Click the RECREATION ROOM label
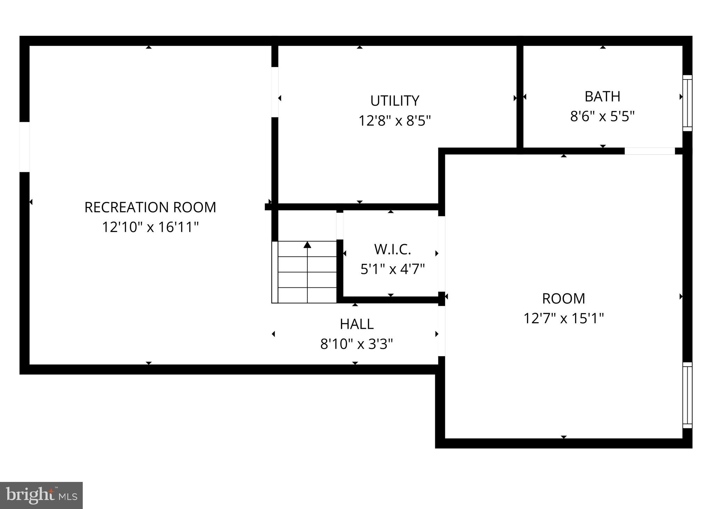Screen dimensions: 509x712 click(x=150, y=207)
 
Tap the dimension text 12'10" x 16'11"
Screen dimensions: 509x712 click(x=150, y=227)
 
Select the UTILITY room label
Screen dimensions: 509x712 click(x=395, y=101)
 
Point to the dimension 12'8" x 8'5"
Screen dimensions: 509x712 click(x=395, y=121)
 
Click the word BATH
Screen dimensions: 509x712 click(x=602, y=97)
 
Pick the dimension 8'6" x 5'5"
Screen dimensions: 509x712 click(x=602, y=116)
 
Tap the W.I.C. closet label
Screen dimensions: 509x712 click(x=393, y=249)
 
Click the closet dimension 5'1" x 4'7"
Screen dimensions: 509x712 click(x=393, y=269)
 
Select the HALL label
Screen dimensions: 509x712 click(x=357, y=324)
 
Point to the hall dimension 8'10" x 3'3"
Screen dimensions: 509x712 click(x=357, y=344)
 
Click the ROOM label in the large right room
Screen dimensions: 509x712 click(x=564, y=298)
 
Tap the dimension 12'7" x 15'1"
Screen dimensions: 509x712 click(x=564, y=318)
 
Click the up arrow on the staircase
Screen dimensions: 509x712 click(x=307, y=245)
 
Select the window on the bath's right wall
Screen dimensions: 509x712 click(x=687, y=103)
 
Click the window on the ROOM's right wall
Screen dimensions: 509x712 click(x=687, y=395)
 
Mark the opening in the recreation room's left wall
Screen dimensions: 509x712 click(x=24, y=147)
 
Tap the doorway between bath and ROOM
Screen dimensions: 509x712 click(x=649, y=151)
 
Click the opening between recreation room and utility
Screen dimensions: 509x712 click(x=275, y=92)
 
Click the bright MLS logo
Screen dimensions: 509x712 click(x=41, y=495)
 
